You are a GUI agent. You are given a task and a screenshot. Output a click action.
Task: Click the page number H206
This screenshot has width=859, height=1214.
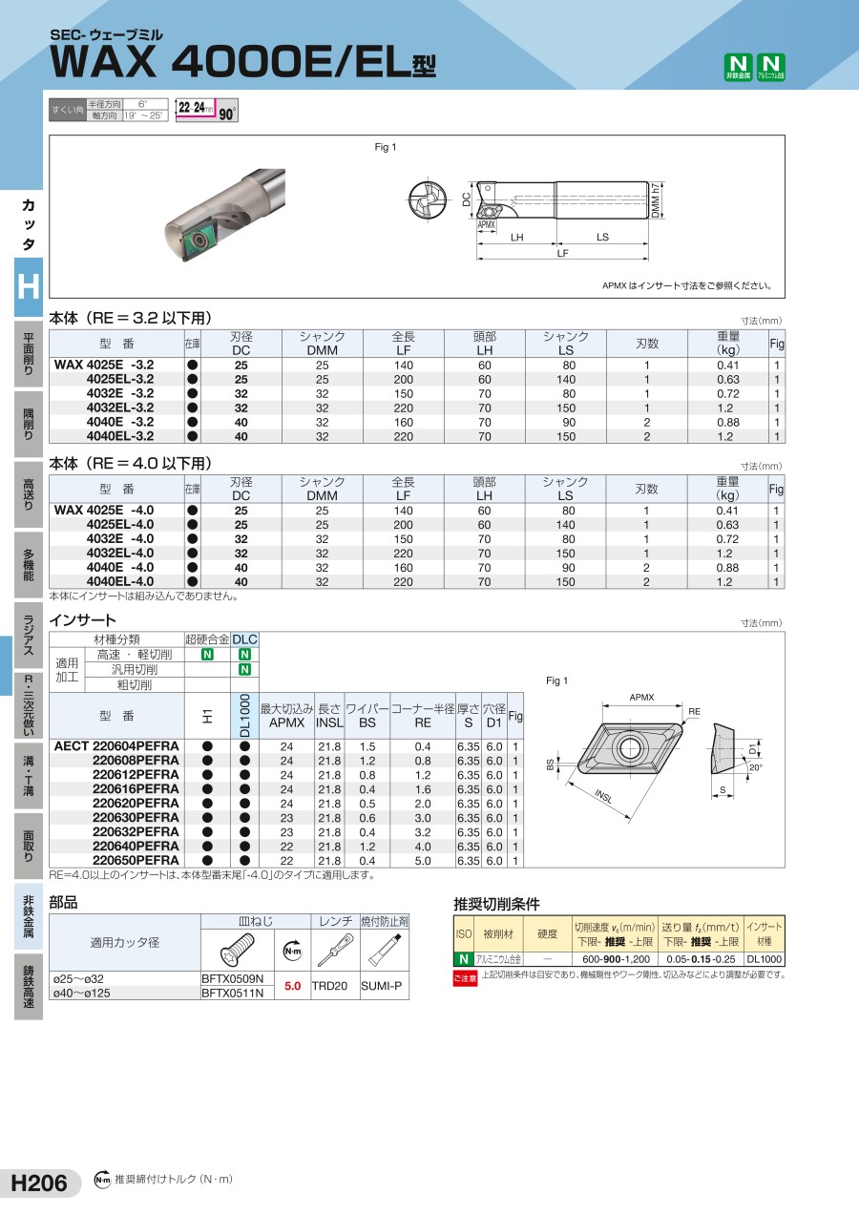39,1183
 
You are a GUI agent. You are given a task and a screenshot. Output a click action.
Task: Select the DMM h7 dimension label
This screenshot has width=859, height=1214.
657,200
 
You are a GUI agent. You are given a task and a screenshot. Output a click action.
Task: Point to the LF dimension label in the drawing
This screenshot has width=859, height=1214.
562,253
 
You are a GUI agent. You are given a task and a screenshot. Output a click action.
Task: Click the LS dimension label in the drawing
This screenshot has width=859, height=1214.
602,237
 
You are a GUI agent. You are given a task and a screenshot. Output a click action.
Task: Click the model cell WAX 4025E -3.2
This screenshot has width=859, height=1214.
104,365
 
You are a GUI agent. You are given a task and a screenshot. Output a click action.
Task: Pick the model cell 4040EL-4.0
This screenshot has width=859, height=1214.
120,581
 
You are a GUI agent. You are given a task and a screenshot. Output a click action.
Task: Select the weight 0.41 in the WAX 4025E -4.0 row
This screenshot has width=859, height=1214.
727,511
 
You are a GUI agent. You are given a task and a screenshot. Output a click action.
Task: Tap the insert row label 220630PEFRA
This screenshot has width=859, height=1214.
136,817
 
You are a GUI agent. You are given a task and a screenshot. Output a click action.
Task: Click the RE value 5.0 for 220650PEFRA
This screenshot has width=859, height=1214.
423,861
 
